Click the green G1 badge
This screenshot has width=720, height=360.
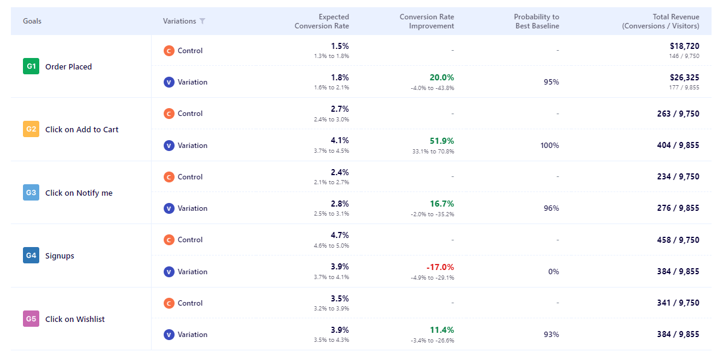click(x=31, y=66)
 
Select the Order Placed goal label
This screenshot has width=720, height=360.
click(x=68, y=67)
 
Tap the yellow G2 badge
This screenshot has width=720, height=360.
click(x=31, y=129)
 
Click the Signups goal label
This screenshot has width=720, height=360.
click(x=60, y=256)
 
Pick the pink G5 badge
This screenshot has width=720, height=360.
click(x=31, y=319)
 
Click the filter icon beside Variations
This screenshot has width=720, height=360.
click(x=202, y=21)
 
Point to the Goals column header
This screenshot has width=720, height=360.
click(x=32, y=21)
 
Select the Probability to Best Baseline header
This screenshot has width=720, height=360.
click(x=536, y=21)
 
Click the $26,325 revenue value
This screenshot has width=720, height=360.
click(x=684, y=77)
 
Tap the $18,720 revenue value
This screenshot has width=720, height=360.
click(x=684, y=46)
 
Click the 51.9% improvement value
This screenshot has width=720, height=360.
click(x=442, y=141)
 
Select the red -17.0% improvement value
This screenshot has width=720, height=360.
click(x=440, y=267)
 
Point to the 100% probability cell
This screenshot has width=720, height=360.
click(x=550, y=146)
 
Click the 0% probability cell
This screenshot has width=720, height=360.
click(x=553, y=272)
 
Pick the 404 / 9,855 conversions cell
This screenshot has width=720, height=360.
click(x=678, y=146)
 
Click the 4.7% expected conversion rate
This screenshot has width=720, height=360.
click(x=339, y=235)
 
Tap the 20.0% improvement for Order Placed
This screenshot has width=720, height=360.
click(x=442, y=77)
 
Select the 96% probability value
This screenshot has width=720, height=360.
click(x=551, y=208)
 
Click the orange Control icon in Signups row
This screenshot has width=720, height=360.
click(x=169, y=240)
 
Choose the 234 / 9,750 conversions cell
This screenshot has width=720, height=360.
click(x=678, y=177)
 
